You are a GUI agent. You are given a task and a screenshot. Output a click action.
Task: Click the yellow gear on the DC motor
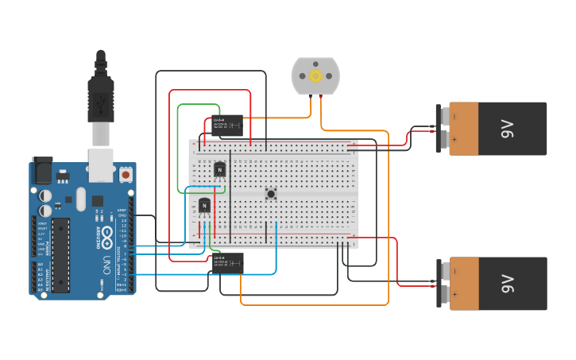(x=315, y=76)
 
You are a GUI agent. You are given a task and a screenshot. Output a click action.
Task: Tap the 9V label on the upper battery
(x=507, y=129)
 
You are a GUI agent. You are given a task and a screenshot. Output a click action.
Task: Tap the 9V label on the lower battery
(x=507, y=284)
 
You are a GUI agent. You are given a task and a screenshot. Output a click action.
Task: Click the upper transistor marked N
(x=220, y=169)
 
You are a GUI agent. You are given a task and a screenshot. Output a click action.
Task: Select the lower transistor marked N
(x=204, y=206)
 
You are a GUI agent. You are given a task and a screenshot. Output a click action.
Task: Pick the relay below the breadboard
(x=227, y=262)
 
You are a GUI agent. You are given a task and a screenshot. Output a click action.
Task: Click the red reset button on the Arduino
(x=126, y=173)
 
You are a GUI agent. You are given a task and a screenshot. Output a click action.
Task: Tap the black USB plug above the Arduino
(x=100, y=99)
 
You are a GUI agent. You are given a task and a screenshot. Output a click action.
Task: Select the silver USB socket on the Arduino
(x=100, y=163)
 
